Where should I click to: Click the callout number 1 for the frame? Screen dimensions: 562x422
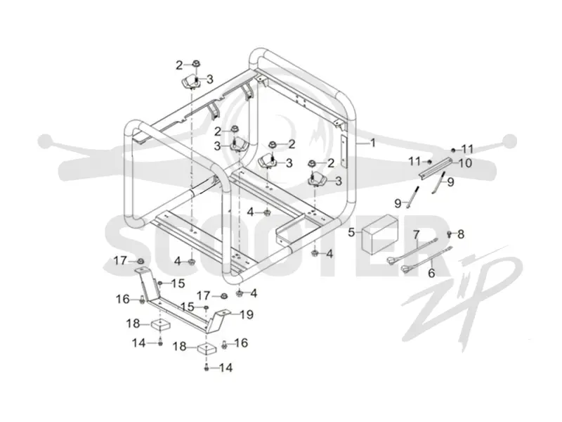[373, 143]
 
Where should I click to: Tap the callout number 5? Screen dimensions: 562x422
[352, 232]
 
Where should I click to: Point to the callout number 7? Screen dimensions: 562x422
[416, 235]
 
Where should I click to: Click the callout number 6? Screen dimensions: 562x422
[432, 273]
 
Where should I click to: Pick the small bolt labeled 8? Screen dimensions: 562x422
[449, 234]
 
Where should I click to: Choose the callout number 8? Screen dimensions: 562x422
[461, 234]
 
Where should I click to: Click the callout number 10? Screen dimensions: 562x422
[466, 163]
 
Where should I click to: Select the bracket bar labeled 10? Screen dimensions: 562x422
[437, 167]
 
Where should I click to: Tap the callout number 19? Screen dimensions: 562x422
[247, 314]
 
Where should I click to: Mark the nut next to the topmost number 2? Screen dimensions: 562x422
[196, 64]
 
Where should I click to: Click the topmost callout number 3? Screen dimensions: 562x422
[209, 79]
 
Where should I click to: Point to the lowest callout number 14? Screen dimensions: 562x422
[226, 367]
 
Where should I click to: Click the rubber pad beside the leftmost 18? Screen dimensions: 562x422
[160, 326]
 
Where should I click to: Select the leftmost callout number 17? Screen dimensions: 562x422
[120, 261]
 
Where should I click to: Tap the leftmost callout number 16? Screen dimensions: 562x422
[122, 298]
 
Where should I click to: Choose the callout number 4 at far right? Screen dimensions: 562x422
[329, 254]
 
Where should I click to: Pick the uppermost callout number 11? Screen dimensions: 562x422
[467, 148]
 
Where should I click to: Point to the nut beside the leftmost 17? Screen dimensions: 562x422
[141, 260]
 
